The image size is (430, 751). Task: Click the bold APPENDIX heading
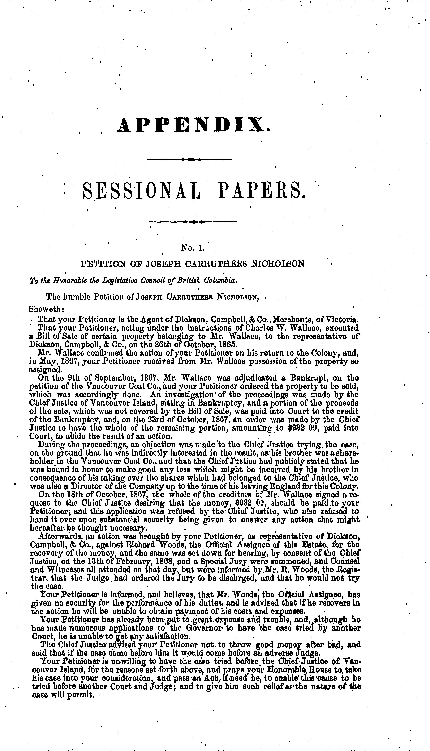click(193, 125)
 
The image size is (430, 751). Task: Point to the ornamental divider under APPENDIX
click(191, 159)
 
